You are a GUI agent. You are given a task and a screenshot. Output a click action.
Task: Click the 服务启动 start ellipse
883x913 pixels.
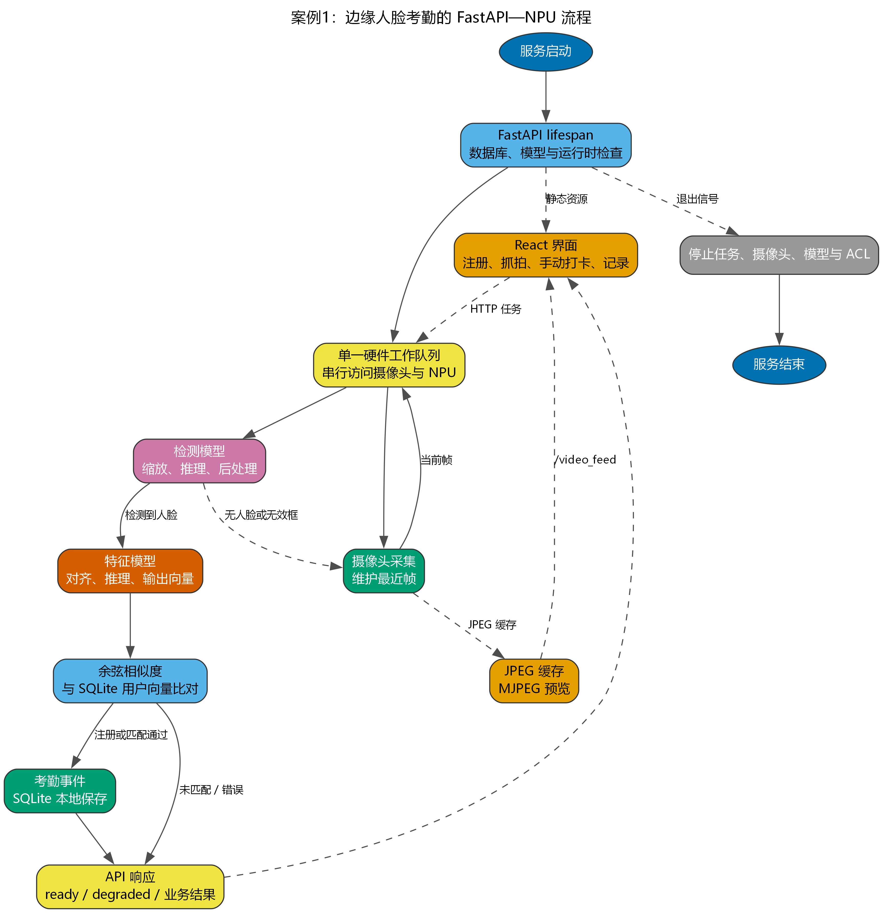[546, 52]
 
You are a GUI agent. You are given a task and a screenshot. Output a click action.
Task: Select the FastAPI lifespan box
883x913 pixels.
[546, 145]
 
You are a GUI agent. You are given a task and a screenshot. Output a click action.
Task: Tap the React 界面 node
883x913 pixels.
[546, 255]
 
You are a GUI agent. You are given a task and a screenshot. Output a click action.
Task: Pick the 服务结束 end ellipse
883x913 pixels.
[779, 365]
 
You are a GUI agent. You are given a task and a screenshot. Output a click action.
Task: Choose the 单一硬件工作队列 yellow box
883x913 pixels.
[389, 365]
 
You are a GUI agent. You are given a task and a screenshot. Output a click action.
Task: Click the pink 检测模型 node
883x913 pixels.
[200, 461]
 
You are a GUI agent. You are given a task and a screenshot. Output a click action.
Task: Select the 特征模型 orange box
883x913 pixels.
[130, 571]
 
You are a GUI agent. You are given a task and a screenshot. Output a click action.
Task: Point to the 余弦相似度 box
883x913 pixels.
[130, 681]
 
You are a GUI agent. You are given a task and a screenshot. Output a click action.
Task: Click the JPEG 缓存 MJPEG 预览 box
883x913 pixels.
[534, 681]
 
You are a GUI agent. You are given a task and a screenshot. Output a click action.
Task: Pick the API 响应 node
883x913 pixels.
[130, 886]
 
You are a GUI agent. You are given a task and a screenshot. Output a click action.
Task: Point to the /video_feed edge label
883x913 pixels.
[585, 460]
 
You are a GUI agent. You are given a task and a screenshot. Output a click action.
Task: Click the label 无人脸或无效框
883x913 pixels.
[261, 515]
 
